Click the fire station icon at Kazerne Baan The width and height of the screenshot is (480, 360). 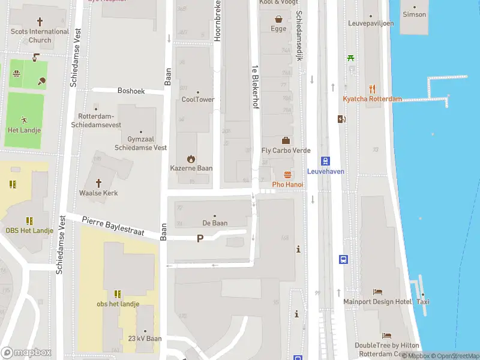click(x=191, y=159)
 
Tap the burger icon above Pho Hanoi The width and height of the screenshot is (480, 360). click(x=287, y=175)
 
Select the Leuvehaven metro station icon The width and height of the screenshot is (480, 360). click(x=325, y=161)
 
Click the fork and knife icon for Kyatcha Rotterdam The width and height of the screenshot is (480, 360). click(x=372, y=88)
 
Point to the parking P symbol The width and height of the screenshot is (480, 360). click(x=200, y=239)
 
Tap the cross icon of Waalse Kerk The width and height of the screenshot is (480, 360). click(x=98, y=182)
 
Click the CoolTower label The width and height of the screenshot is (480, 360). click(x=197, y=100)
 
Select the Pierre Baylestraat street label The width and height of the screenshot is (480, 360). click(x=113, y=227)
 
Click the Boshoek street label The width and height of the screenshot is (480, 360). click(x=131, y=91)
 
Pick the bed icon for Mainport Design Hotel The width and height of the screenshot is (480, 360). click(x=377, y=292)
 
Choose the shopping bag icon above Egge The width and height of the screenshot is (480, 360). click(x=278, y=19)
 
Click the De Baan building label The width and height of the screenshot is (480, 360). click(x=214, y=223)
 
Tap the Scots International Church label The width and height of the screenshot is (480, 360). click(x=40, y=36)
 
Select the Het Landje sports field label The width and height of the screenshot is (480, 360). click(x=24, y=130)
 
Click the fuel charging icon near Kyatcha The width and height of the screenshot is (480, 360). click(x=341, y=119)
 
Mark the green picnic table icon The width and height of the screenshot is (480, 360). click(x=350, y=58)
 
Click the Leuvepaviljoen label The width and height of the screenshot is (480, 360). click(x=371, y=23)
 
